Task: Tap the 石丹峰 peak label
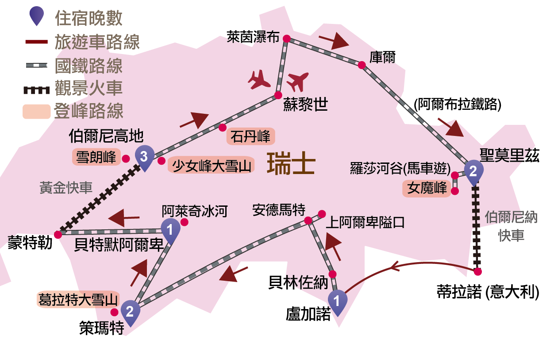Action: pos(250,136)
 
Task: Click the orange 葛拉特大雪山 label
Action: pos(78,300)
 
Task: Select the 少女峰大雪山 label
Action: pos(212,165)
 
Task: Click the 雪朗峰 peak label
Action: pos(96,157)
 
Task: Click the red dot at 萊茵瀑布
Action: pos(286,39)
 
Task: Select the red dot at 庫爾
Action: pos(362,65)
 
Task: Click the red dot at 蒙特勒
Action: pos(58,234)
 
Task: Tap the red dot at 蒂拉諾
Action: pos(477,271)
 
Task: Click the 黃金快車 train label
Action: pos(66,188)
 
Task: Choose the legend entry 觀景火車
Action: pos(88,88)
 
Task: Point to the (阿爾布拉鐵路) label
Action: pos(457,105)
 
